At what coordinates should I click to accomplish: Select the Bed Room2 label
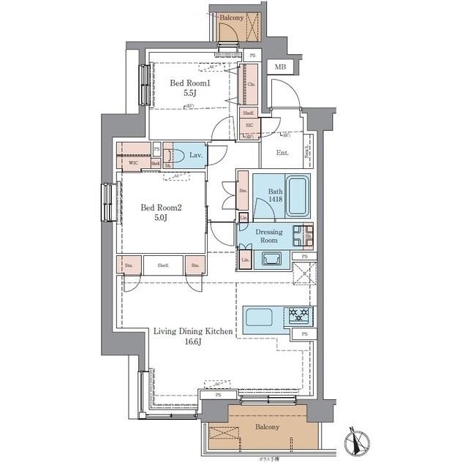pos(160,207)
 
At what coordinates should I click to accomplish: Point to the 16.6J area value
pos(193,342)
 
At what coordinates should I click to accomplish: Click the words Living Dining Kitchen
pos(193,332)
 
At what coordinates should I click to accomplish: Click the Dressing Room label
pos(268,235)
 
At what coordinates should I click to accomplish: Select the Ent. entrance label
pos(282,153)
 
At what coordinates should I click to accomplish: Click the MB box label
pos(280,67)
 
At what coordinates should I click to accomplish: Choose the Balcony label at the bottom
pos(267,426)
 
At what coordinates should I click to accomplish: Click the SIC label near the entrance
pos(249,125)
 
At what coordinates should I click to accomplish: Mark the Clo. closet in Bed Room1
pos(251,84)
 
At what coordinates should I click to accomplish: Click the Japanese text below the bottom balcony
pos(270,459)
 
